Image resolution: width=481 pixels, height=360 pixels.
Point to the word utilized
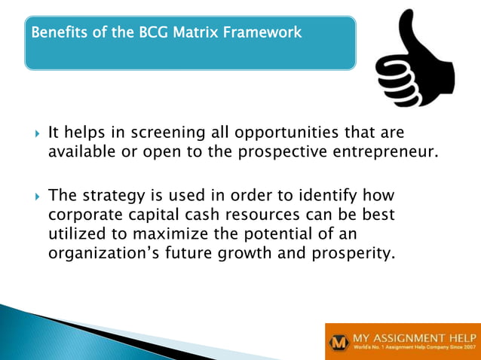[x=75, y=233]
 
